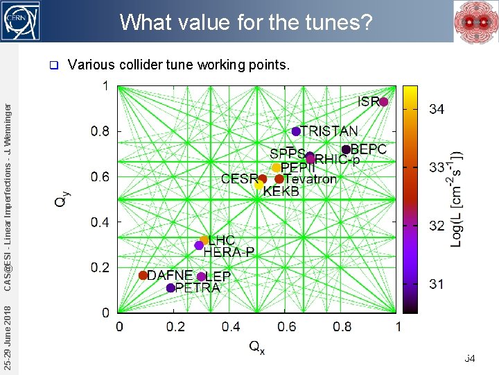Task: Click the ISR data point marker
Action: pyautogui.click(x=384, y=102)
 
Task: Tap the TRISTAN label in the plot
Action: pyautogui.click(x=329, y=131)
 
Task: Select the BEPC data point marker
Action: pyautogui.click(x=346, y=149)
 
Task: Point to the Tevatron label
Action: pyautogui.click(x=310, y=179)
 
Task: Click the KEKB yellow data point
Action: pyautogui.click(x=259, y=185)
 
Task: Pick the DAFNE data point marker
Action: pyautogui.click(x=143, y=275)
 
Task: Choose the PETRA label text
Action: pyautogui.click(x=198, y=287)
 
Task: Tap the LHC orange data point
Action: pyautogui.click(x=204, y=240)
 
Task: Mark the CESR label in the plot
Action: pyautogui.click(x=239, y=179)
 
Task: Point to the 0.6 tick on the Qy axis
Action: pyautogui.click(x=100, y=177)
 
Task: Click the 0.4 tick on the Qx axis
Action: pyautogui.click(x=231, y=326)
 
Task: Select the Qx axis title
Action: pyautogui.click(x=256, y=347)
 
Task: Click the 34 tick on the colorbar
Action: pyautogui.click(x=437, y=109)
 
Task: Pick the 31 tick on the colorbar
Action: pyautogui.click(x=437, y=284)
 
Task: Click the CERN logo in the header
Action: pyautogui.click(x=21, y=21)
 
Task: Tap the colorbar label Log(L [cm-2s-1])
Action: pyautogui.click(x=457, y=198)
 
